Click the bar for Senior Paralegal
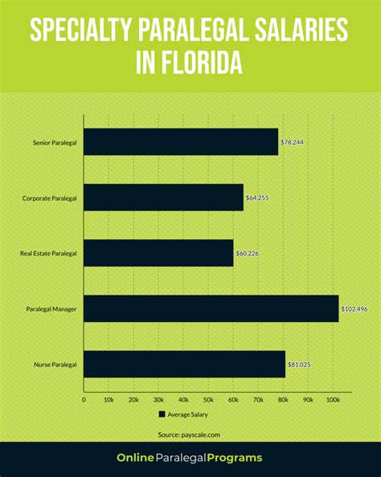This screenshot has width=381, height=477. click(x=181, y=142)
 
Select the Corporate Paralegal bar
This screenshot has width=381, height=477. click(x=163, y=198)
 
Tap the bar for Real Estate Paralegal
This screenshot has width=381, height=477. click(x=158, y=253)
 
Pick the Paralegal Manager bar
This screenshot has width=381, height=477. click(x=211, y=308)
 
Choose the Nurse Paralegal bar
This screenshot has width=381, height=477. click(x=184, y=364)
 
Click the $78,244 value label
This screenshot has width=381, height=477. click(x=292, y=142)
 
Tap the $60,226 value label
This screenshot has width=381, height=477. click(x=248, y=253)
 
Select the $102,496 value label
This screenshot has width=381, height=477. click(x=354, y=308)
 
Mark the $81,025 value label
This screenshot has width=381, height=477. click(x=299, y=364)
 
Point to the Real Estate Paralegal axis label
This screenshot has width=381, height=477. click(x=47, y=253)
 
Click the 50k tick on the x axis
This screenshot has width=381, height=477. click(x=208, y=398)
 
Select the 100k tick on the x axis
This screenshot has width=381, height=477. click(x=333, y=398)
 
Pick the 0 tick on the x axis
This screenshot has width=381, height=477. click(x=84, y=398)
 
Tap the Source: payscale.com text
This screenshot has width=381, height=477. click(x=190, y=434)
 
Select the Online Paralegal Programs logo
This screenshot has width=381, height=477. click(x=190, y=458)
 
